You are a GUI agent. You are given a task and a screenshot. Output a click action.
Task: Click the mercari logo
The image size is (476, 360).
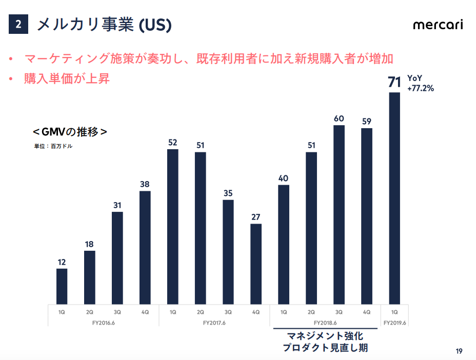click(438, 25)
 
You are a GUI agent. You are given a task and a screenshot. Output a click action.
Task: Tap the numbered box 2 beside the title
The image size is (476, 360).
click(18, 24)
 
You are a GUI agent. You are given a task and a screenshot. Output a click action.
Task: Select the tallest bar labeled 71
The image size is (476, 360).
click(394, 198)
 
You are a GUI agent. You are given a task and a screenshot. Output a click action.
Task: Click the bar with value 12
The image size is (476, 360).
click(62, 286)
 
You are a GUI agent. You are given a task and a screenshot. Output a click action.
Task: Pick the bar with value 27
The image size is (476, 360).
click(256, 264)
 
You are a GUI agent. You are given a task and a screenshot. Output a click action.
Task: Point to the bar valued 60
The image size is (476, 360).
click(339, 214)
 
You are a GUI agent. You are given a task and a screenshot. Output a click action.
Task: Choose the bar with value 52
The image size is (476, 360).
click(173, 227)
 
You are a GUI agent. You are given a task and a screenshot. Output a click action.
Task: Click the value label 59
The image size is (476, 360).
click(367, 122)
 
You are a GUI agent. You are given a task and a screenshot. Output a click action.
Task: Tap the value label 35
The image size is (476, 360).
click(228, 193)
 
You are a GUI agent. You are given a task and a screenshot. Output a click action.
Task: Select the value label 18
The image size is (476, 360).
click(89, 244)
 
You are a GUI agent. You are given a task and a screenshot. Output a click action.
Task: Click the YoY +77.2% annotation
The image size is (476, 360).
click(421, 83)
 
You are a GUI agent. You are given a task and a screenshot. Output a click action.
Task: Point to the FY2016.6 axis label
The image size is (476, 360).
click(104, 323)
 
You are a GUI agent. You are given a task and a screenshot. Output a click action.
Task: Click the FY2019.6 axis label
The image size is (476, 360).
click(394, 323)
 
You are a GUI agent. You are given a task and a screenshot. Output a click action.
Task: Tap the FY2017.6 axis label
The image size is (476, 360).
click(214, 323)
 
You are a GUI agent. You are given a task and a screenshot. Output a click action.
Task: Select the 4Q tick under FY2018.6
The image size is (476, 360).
click(367, 312)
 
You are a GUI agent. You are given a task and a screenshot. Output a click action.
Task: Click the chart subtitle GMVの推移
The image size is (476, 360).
click(70, 132)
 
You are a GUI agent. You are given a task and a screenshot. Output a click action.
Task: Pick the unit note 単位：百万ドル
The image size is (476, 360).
click(53, 146)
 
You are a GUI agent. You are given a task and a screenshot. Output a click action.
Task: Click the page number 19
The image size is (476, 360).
click(459, 351)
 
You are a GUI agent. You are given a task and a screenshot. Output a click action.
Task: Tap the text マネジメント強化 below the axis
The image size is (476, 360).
click(325, 336)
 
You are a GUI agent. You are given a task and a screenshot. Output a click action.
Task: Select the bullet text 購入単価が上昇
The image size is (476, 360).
click(67, 78)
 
